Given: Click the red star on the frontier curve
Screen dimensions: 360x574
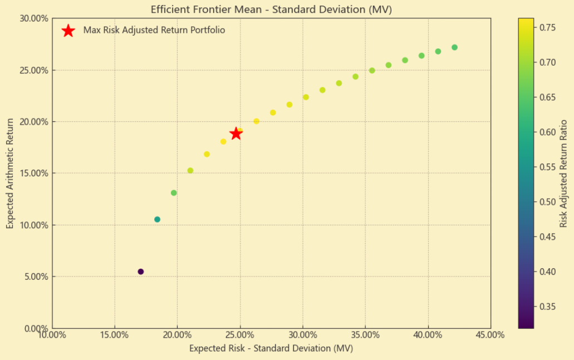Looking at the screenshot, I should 236,134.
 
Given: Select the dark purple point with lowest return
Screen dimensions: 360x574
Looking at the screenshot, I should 141,272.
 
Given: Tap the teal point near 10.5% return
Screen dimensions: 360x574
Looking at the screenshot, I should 158,219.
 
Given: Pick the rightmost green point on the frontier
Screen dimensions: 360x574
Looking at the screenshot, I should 454,47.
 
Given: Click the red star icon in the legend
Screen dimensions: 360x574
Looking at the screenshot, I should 68,31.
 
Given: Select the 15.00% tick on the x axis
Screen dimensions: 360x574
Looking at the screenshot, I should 114,335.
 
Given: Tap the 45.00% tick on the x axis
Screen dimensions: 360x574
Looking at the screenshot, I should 490,335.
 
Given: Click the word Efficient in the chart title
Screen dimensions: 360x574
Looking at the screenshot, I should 170,9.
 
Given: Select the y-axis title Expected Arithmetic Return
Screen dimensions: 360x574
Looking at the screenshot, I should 9,173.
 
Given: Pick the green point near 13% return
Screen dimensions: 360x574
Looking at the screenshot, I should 174,193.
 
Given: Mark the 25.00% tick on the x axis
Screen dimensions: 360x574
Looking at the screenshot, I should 240,335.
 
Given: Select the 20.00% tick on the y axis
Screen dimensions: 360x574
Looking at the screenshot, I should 35,121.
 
